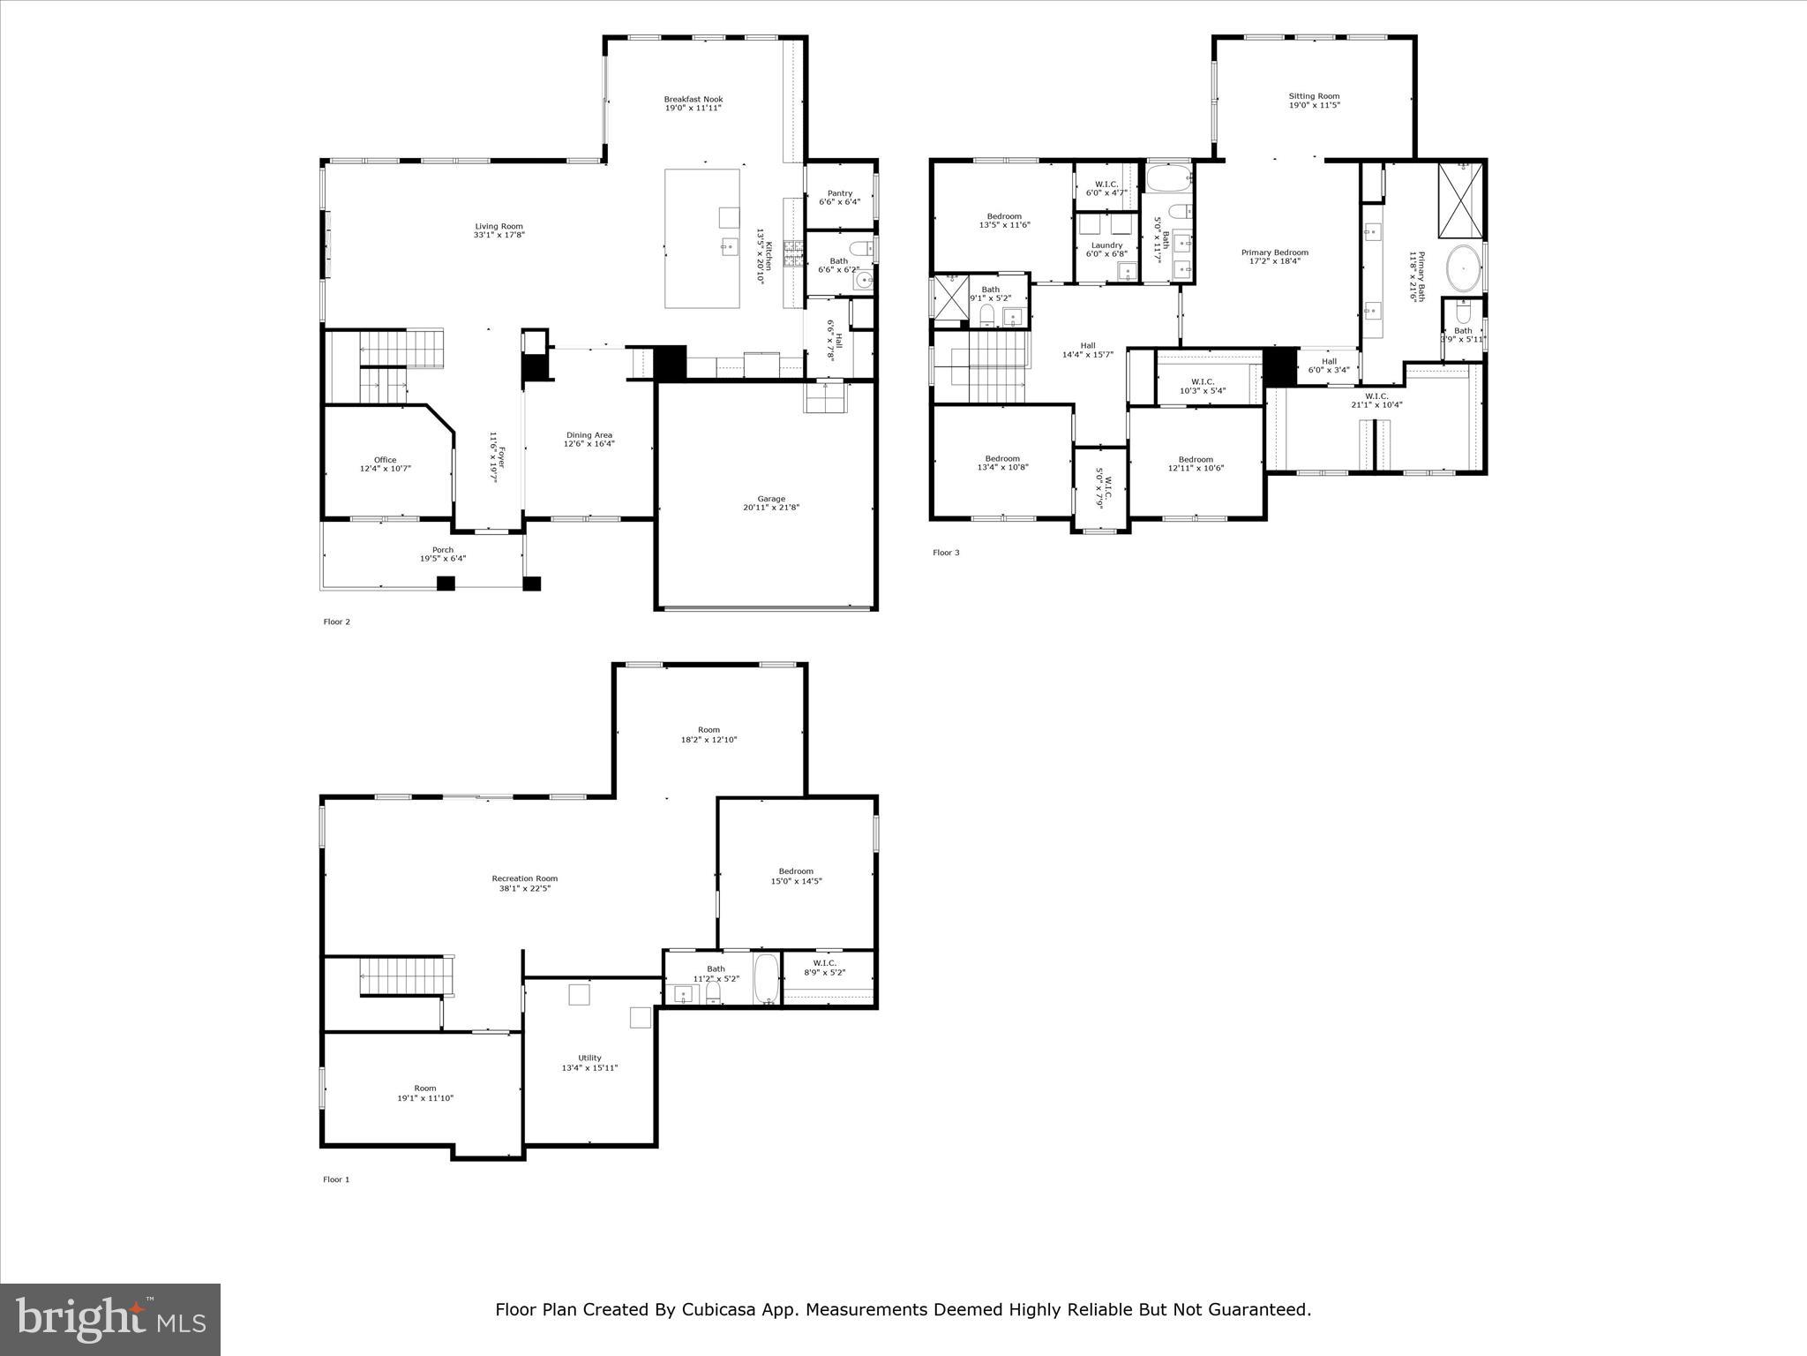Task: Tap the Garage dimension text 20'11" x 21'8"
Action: click(x=770, y=508)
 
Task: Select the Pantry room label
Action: click(x=839, y=193)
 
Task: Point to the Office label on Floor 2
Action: click(x=385, y=460)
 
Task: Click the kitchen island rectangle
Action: click(x=701, y=238)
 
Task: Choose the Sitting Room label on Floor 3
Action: click(x=1314, y=96)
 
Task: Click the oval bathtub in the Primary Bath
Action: click(x=1463, y=268)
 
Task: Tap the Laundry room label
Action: click(x=1106, y=245)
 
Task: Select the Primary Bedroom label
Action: click(x=1274, y=252)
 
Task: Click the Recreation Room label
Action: click(x=525, y=878)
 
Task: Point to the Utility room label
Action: click(x=589, y=1058)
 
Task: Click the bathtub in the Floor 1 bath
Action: click(x=766, y=978)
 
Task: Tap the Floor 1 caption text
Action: click(x=336, y=1179)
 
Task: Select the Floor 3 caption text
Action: click(x=946, y=553)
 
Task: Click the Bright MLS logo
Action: click(x=110, y=1319)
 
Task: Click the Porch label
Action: click(x=442, y=550)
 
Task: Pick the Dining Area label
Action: click(x=589, y=435)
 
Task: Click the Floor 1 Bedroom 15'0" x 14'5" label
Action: click(x=795, y=871)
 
